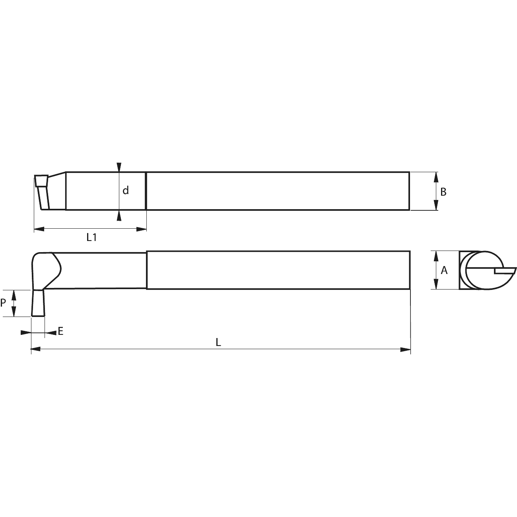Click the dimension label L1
(91, 237)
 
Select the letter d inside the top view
(126, 190)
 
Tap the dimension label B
(443, 192)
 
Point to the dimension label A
(444, 270)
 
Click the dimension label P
(3, 303)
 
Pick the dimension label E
(60, 331)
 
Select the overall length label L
(218, 342)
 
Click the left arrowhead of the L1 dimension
(39, 229)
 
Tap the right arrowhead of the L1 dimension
(142, 229)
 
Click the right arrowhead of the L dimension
(405, 350)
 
